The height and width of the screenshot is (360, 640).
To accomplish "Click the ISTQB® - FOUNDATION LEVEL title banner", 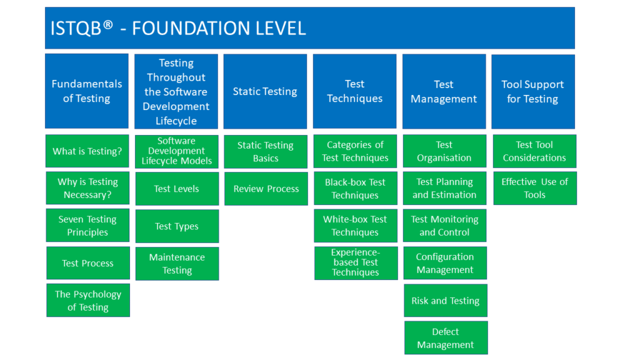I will (309, 28).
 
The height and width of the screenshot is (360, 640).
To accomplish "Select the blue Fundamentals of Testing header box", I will (87, 91).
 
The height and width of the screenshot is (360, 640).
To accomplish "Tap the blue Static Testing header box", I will (265, 91).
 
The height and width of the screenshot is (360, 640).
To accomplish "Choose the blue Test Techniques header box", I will (354, 91).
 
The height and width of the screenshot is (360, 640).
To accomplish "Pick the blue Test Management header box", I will (444, 91).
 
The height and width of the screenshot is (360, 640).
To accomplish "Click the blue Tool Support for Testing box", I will (533, 91).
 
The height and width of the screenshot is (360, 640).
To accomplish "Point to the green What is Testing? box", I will (87, 151).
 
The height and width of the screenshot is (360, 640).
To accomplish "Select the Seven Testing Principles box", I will (87, 226).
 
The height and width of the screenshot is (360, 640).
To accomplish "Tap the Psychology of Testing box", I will (88, 301).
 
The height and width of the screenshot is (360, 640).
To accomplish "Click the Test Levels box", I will (177, 189).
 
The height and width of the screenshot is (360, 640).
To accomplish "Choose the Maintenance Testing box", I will (177, 264).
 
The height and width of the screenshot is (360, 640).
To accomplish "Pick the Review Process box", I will (266, 189).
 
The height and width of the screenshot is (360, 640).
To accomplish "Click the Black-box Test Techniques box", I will (355, 189).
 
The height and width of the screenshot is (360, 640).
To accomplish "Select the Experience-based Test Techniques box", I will (356, 263).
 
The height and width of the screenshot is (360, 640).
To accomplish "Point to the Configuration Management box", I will (445, 263).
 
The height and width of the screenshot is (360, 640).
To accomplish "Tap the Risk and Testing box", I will (446, 301).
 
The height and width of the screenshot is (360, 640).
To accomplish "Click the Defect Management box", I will (446, 338).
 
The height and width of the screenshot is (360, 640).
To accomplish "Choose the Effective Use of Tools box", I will (535, 188).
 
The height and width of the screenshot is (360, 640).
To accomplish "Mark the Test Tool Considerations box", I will (534, 151).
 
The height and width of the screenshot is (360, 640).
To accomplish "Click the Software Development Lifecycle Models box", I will (177, 151).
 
